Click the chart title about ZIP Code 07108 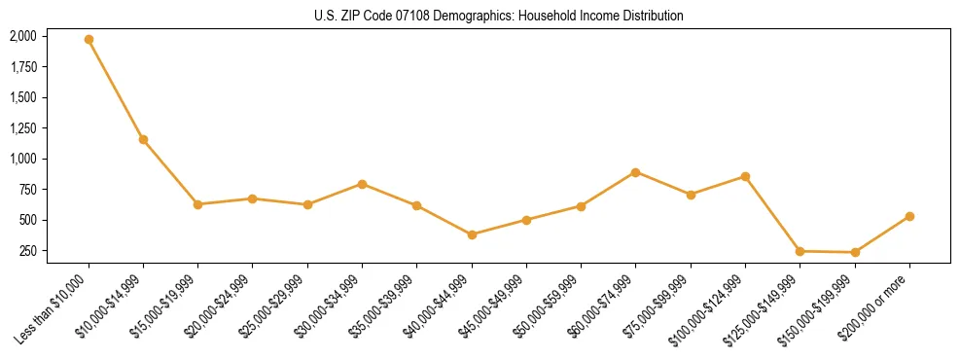[499, 16]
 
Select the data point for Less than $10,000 [89, 40]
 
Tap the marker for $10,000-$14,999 [143, 139]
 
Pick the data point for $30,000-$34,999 [362, 184]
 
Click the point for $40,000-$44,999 [472, 234]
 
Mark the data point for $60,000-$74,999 [635, 172]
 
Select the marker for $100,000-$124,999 [745, 176]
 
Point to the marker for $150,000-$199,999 [855, 252]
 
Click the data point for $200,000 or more [909, 216]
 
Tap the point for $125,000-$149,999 [800, 251]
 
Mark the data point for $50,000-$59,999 [581, 206]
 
